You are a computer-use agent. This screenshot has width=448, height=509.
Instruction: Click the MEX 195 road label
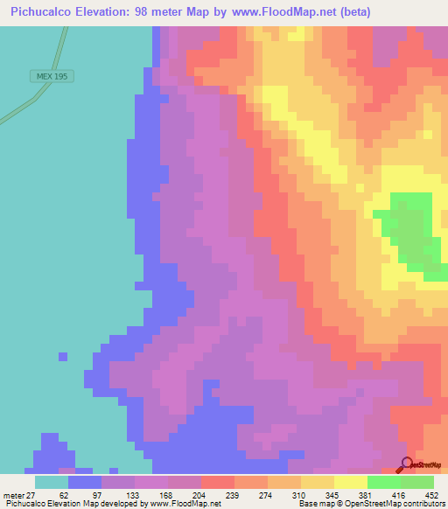pos(52,76)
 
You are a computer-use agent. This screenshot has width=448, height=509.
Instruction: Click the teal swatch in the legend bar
pos(51,482)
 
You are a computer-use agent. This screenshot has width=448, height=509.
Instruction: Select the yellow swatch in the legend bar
pos(350,482)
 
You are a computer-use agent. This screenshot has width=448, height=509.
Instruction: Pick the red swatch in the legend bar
pos(217,482)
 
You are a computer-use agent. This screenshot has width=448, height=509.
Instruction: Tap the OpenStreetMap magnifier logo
pos(407,464)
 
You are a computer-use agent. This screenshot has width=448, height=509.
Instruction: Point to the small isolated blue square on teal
pos(62,356)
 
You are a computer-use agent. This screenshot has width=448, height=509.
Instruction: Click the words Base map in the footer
pos(316,504)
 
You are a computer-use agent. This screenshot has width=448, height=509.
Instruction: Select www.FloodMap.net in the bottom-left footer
pos(185,504)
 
